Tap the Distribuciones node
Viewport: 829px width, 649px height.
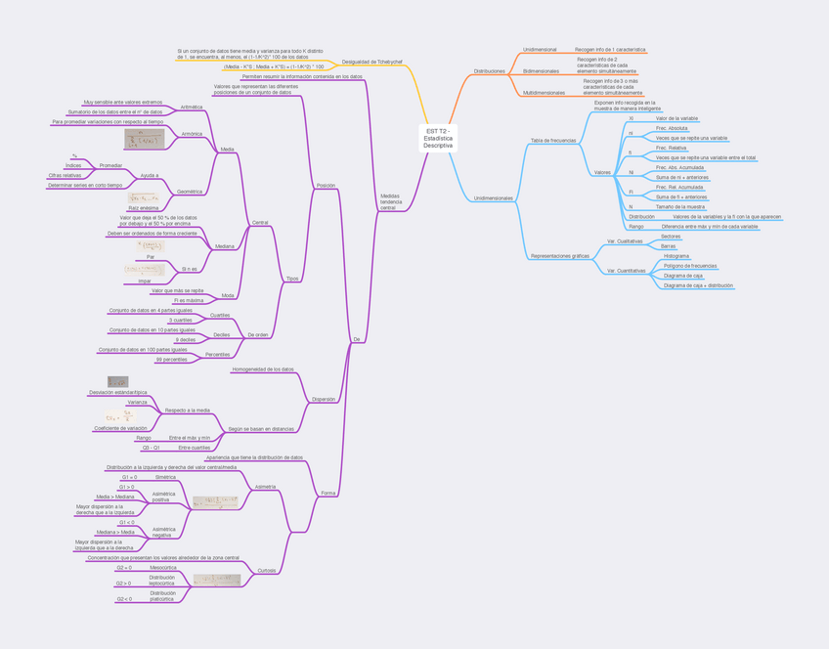(x=489, y=71)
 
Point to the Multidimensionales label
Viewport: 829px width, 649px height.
(x=545, y=93)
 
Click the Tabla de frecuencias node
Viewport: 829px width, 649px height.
(x=552, y=141)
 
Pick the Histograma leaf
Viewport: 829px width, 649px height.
(x=676, y=256)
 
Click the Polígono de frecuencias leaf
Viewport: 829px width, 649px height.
(x=689, y=266)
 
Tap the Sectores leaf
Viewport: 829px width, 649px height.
(x=671, y=236)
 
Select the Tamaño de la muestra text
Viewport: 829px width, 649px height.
(x=680, y=207)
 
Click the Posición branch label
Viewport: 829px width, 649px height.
(x=327, y=185)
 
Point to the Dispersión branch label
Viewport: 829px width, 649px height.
(x=324, y=399)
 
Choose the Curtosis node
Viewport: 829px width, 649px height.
(x=266, y=570)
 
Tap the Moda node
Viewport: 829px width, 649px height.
(x=228, y=294)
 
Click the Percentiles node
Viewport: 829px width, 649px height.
(x=217, y=355)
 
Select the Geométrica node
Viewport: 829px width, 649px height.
(x=189, y=192)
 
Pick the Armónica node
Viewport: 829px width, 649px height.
(x=192, y=133)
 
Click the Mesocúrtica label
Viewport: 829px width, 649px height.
(x=162, y=567)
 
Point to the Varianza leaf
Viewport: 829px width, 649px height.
(x=137, y=402)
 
